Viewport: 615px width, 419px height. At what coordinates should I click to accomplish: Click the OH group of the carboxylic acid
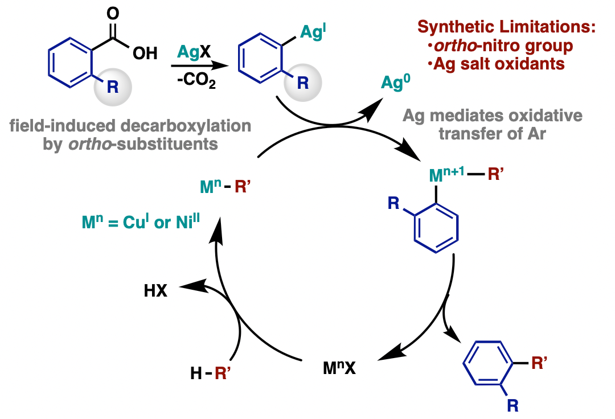tap(145, 54)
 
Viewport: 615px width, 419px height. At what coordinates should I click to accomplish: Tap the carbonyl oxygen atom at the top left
tap(113, 13)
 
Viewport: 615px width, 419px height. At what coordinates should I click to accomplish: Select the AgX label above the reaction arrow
tap(194, 52)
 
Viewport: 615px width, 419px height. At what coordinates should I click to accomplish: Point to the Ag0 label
tap(396, 83)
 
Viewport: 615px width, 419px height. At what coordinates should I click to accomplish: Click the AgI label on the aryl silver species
tap(313, 31)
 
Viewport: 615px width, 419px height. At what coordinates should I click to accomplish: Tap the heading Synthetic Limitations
tap(506, 27)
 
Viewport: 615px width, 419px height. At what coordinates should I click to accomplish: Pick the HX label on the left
tap(155, 291)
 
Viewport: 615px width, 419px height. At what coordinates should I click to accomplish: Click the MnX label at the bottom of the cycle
tap(339, 368)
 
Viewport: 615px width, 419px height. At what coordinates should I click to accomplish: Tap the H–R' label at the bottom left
tap(210, 373)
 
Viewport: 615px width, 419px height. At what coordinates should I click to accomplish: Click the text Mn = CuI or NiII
tap(141, 222)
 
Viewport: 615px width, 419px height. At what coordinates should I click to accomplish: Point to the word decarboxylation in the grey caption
tap(186, 126)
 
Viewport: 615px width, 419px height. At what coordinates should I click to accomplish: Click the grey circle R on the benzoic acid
tap(113, 87)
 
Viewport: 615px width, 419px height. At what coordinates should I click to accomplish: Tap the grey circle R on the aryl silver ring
tap(303, 83)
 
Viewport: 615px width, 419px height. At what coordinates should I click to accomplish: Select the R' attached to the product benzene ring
tap(540, 363)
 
